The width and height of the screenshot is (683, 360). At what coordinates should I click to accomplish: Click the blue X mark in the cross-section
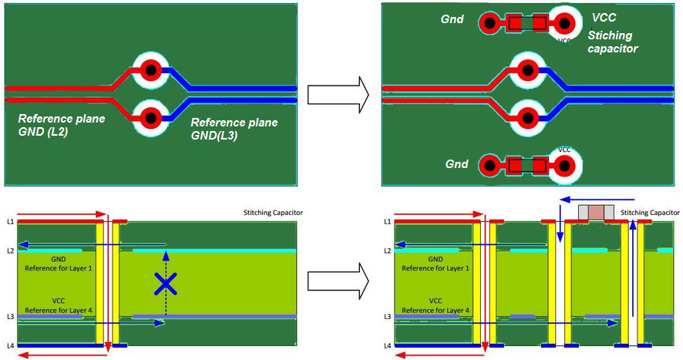tap(164, 284)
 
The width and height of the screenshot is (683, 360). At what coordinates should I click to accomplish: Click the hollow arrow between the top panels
tap(338, 95)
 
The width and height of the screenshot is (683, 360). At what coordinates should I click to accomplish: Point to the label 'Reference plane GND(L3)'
tap(234, 129)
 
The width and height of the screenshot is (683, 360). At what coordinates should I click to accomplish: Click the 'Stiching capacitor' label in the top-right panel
tap(613, 42)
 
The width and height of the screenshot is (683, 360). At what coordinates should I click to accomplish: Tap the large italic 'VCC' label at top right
tap(604, 18)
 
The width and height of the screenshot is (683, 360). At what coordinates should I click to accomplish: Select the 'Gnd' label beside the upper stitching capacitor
tap(452, 19)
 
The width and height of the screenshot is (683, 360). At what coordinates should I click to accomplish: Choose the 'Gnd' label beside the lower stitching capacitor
tap(457, 164)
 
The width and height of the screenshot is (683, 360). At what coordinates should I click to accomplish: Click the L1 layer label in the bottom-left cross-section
tap(10, 221)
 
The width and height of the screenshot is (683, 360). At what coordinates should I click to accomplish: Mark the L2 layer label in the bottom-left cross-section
tap(10, 251)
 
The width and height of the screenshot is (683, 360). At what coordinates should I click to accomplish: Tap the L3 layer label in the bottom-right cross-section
tap(388, 316)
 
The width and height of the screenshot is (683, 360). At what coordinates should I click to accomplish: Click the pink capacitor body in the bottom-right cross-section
tap(596, 212)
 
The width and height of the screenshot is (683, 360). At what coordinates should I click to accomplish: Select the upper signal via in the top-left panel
tap(151, 71)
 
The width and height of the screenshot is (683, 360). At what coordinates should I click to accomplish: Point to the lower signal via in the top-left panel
tap(151, 118)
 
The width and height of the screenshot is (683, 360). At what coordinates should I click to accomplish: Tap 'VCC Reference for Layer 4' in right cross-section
tap(436, 305)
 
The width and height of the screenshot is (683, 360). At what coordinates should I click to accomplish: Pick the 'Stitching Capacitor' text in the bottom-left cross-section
tap(267, 213)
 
